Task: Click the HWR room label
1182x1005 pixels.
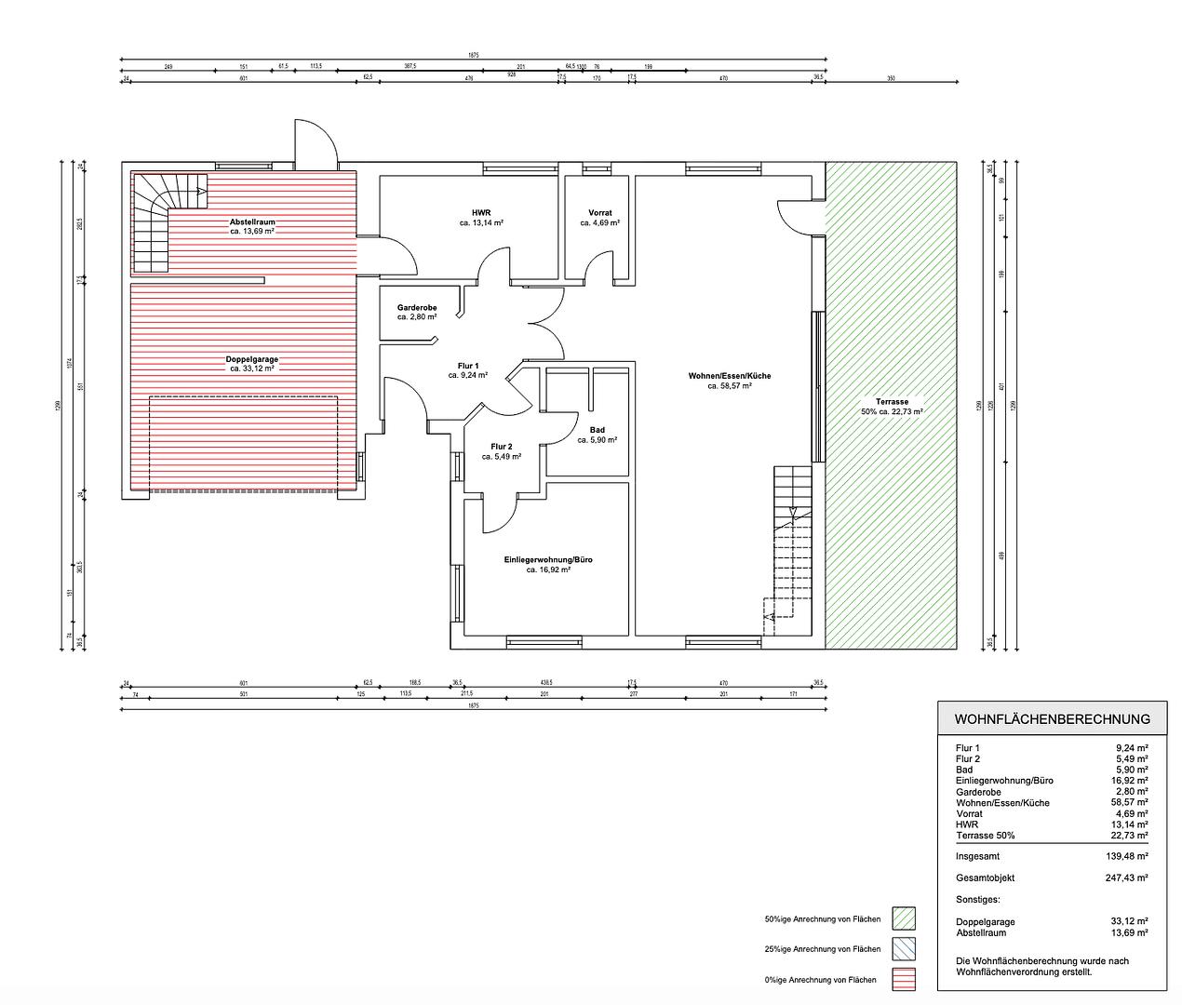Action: point(481,213)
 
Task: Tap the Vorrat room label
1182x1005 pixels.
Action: point(600,213)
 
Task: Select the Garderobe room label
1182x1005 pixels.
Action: point(417,308)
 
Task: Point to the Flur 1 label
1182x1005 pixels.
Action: point(468,367)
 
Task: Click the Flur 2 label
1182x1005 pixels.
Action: point(502,448)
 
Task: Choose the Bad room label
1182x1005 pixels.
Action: point(598,431)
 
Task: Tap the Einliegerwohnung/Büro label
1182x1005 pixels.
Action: point(548,560)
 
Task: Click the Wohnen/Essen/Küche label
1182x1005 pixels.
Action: point(730,376)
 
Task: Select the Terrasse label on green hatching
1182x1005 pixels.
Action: point(892,402)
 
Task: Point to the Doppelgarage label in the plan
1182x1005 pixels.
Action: point(252,359)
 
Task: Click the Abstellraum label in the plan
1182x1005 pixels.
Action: point(252,222)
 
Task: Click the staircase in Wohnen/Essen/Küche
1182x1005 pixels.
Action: point(791,549)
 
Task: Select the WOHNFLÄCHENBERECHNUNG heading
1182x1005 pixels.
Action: point(1052,719)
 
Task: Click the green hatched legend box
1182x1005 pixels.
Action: point(903,918)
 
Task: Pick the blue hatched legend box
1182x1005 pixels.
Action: point(903,949)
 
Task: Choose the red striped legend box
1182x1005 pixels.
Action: point(903,979)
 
